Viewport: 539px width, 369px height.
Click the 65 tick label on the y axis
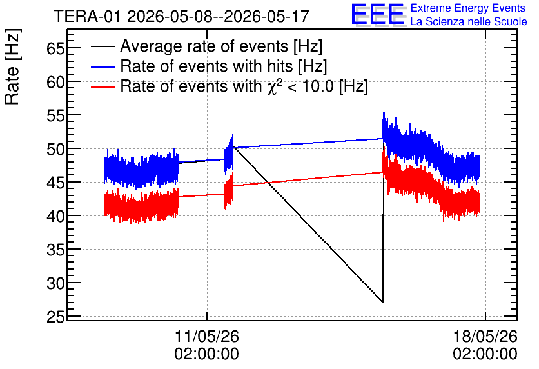55,48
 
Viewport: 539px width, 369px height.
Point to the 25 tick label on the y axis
55,317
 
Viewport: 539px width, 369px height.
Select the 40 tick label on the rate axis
55,216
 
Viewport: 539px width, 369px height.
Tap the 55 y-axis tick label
55,115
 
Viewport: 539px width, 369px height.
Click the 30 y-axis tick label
55,283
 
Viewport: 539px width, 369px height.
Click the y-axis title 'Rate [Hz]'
12,66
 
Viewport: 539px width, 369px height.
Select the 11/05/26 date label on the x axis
207,336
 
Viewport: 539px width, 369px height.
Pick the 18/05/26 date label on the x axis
485,336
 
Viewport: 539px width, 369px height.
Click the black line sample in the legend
103,46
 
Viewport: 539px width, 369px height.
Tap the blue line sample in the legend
103,66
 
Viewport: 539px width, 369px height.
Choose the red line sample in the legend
103,86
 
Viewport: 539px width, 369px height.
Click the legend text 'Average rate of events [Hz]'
221,46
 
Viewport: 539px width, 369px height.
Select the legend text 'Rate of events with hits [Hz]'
224,66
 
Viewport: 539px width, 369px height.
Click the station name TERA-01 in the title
87,16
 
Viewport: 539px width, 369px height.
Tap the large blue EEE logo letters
378,14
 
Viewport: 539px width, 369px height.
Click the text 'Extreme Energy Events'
468,8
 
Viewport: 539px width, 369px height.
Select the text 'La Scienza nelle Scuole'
469,22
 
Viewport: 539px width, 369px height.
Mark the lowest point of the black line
382,303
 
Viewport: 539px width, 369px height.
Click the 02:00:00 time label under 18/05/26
485,354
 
